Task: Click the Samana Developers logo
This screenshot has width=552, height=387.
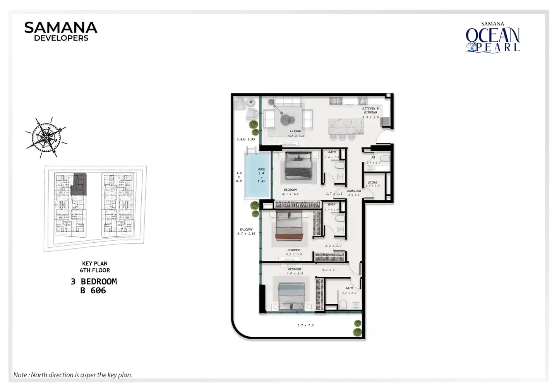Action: pos(61,31)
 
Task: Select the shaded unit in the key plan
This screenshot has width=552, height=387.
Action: pos(79,185)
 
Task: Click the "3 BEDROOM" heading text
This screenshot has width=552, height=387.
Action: pos(94,281)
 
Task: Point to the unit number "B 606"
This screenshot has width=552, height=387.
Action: pos(93,291)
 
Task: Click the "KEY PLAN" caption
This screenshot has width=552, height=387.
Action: pos(95,264)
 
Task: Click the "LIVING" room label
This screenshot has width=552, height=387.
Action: pos(295,131)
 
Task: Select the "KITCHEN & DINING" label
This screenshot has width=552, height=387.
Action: pos(370,110)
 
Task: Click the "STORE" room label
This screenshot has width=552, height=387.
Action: pos(372,183)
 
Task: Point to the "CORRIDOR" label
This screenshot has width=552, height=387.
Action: pos(353,191)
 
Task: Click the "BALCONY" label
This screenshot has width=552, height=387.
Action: pos(246,229)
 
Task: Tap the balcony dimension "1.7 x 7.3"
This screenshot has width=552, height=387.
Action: pos(305,325)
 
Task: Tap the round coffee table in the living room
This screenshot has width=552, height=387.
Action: pos(287,119)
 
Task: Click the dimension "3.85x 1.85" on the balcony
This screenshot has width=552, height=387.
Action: pos(246,139)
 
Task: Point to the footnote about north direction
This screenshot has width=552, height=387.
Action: pos(73,375)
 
